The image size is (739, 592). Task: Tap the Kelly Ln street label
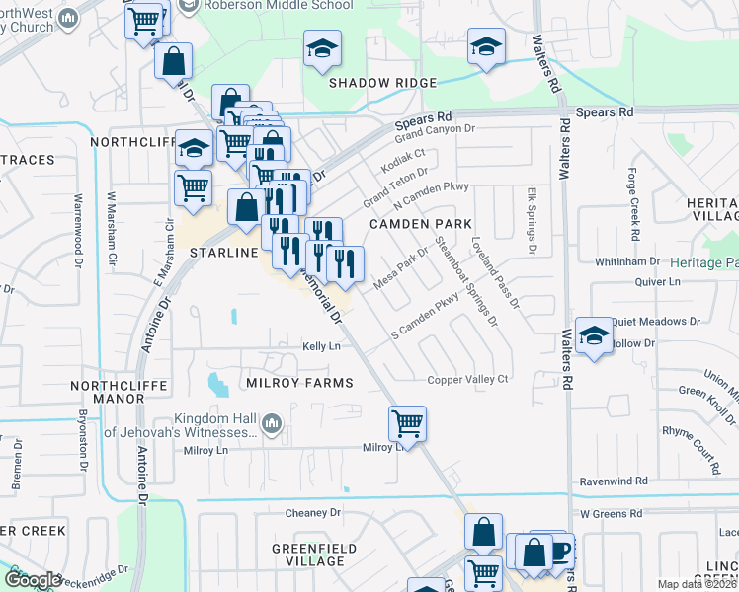[321, 346]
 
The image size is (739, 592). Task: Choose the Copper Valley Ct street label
[467, 380]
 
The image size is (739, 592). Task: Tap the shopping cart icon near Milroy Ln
[407, 423]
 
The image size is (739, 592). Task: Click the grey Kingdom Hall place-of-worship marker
[273, 425]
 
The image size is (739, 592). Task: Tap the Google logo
[33, 580]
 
